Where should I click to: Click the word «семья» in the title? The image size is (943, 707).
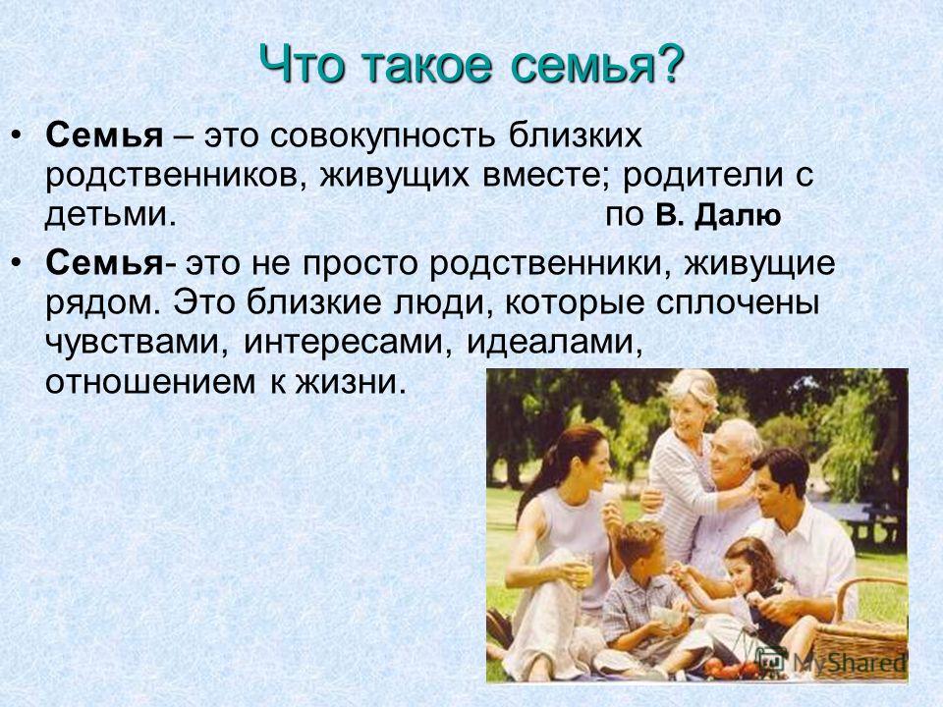click(580, 65)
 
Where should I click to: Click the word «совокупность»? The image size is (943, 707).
click(383, 136)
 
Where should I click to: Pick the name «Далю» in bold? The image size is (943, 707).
click(738, 215)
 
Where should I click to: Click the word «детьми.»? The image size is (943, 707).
click(111, 215)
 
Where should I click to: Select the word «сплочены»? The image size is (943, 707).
click(738, 303)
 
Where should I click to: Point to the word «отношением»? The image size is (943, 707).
click(150, 382)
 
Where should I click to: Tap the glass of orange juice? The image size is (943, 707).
click(582, 571)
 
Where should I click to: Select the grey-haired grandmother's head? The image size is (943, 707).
click(693, 402)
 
